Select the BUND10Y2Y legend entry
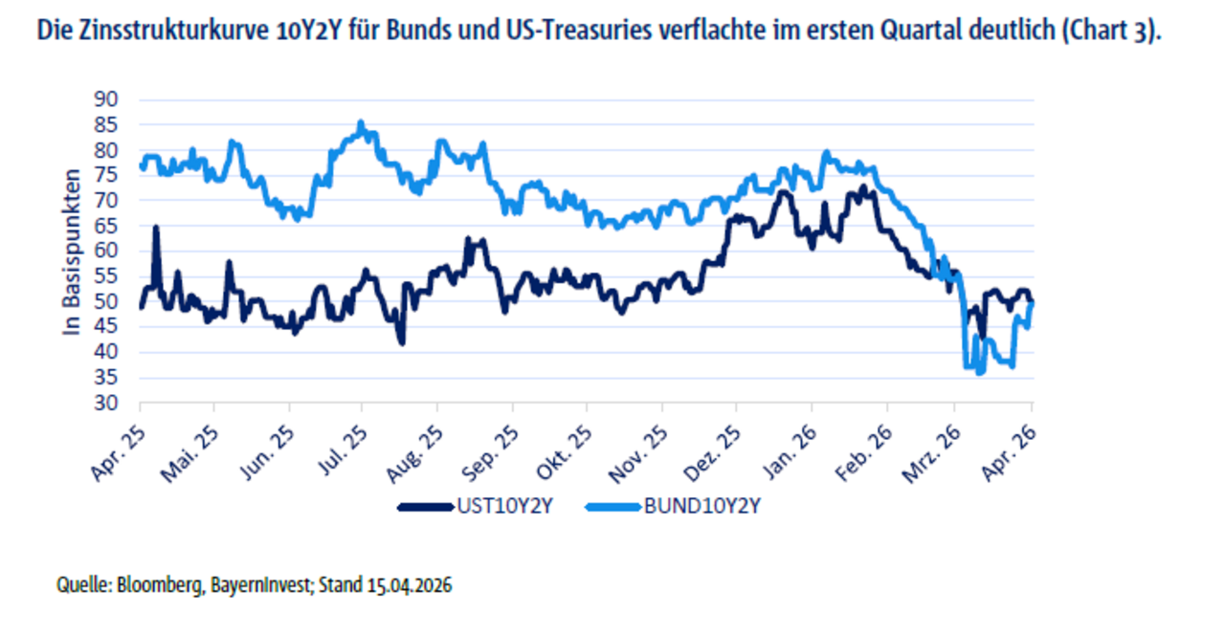(x=711, y=506)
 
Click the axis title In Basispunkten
(x=72, y=251)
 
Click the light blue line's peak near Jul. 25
(x=361, y=123)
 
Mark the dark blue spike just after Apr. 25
(x=156, y=228)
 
